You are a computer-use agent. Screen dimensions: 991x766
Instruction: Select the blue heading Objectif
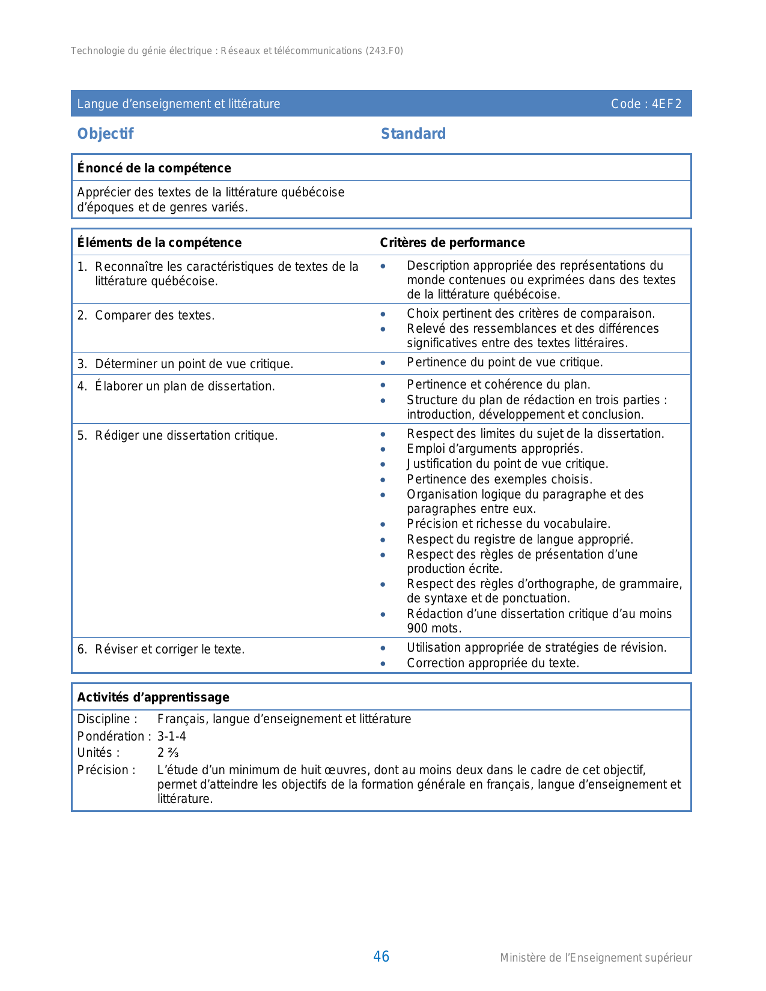[x=105, y=133]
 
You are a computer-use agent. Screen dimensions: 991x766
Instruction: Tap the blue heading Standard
[x=413, y=133]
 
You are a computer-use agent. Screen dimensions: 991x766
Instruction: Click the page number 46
[x=381, y=957]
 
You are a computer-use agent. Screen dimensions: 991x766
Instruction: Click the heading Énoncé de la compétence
[x=154, y=168]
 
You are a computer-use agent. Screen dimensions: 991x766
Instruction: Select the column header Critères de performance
[x=452, y=243]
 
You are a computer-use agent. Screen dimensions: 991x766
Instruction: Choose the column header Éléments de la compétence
[x=159, y=243]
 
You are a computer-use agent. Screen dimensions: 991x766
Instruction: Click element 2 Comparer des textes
[x=154, y=315]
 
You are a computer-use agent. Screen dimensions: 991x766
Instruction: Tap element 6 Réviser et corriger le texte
[x=169, y=649]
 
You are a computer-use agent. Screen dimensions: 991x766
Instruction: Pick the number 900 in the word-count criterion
[x=418, y=629]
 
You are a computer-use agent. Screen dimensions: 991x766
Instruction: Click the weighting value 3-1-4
[x=172, y=736]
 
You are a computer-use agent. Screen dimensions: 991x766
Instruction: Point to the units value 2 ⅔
[x=168, y=753]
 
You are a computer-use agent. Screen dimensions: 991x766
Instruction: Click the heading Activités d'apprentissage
[x=153, y=697]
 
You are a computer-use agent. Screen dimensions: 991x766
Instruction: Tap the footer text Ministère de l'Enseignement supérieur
[x=595, y=958]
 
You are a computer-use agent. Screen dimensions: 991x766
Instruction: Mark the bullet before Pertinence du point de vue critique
[x=383, y=363]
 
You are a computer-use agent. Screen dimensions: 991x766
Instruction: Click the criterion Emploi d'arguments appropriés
[x=494, y=449]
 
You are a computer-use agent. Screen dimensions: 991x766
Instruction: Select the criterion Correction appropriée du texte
[x=493, y=663]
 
